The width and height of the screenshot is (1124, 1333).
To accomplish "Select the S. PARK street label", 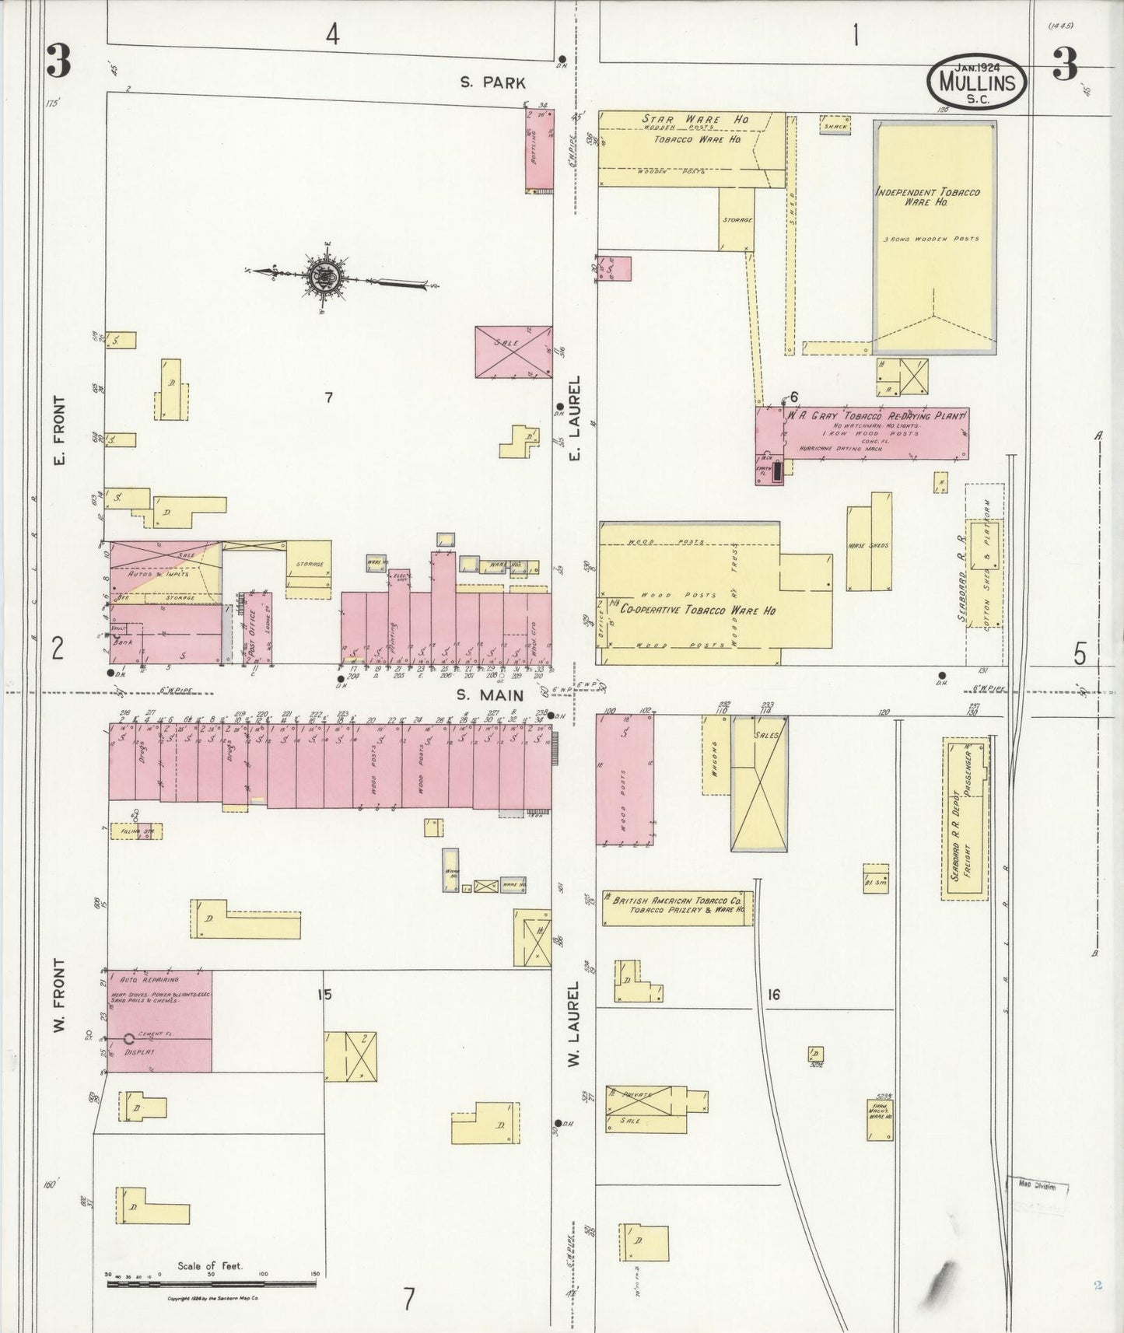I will tap(492, 82).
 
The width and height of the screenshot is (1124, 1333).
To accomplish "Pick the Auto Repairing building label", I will tap(145, 979).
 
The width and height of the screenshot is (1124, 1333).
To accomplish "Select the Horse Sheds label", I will tap(869, 545).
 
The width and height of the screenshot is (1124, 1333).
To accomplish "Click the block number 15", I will tap(324, 994).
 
